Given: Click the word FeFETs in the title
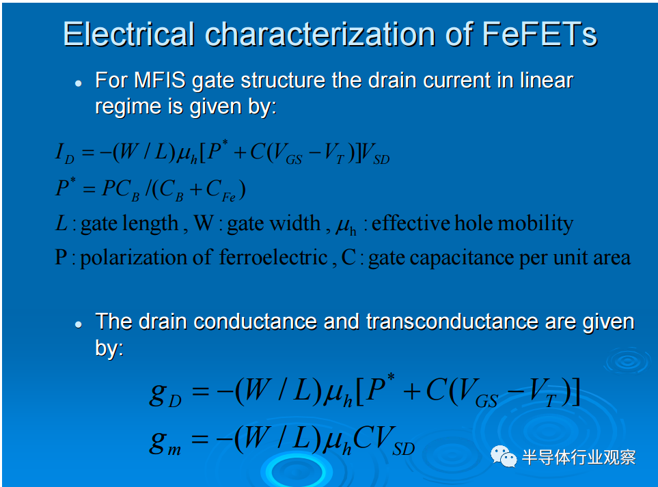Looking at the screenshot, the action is click(539, 34).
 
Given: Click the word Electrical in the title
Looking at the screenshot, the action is click(129, 34).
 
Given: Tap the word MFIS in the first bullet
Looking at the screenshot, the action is click(160, 80).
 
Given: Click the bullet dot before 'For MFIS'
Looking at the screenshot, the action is click(79, 83).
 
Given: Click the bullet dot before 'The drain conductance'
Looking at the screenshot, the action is click(79, 324).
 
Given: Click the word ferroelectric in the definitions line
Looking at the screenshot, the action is click(273, 257).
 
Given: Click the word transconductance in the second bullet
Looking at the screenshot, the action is click(452, 322).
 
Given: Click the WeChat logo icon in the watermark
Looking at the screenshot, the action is click(504, 456).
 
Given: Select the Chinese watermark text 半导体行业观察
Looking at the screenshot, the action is click(579, 457).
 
